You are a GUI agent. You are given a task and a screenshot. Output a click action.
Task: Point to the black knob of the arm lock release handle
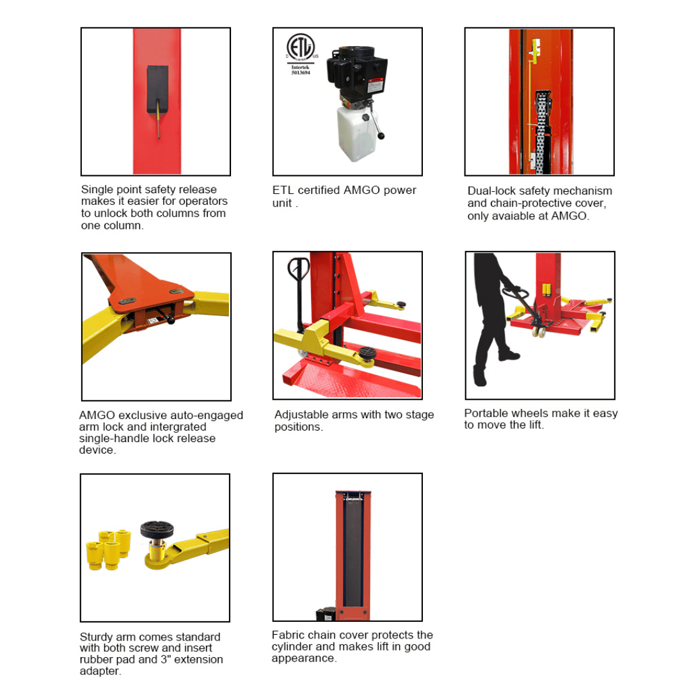point(171,322)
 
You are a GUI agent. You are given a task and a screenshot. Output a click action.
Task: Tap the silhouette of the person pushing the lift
point(493,320)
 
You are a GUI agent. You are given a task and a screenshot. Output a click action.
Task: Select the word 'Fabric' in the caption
point(288,635)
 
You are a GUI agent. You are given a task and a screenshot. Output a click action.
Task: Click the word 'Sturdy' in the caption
point(97,637)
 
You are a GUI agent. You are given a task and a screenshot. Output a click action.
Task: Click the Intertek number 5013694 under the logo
point(300,74)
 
